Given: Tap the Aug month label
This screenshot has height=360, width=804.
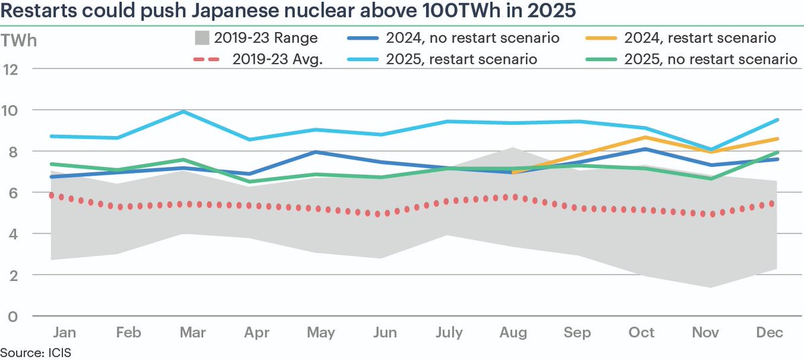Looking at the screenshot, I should (513, 333).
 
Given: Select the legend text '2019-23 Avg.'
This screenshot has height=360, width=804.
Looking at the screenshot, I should (278, 59).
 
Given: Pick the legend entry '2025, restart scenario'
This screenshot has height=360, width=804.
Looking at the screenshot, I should (462, 59).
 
